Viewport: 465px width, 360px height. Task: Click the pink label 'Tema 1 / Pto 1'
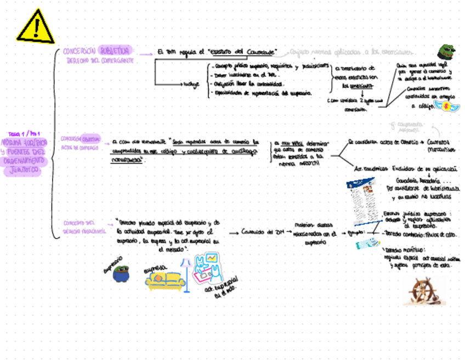(x=24, y=133)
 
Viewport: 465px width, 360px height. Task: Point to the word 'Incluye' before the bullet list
(x=190, y=84)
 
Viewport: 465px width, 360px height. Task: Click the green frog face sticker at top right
(x=445, y=52)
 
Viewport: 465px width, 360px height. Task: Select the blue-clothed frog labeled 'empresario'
(x=120, y=274)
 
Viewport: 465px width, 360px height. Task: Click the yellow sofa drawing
(x=165, y=279)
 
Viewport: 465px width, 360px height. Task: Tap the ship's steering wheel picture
(x=424, y=290)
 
